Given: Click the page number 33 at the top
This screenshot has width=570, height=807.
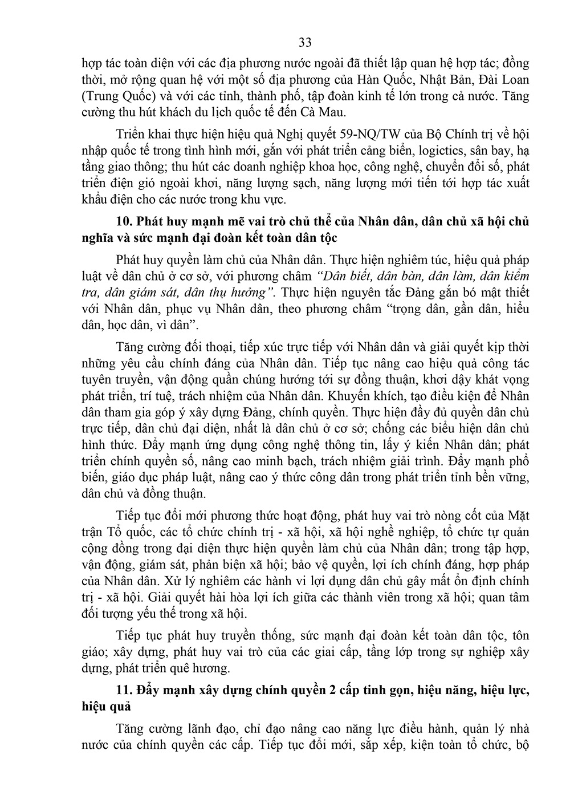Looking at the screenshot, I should pos(304,43).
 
